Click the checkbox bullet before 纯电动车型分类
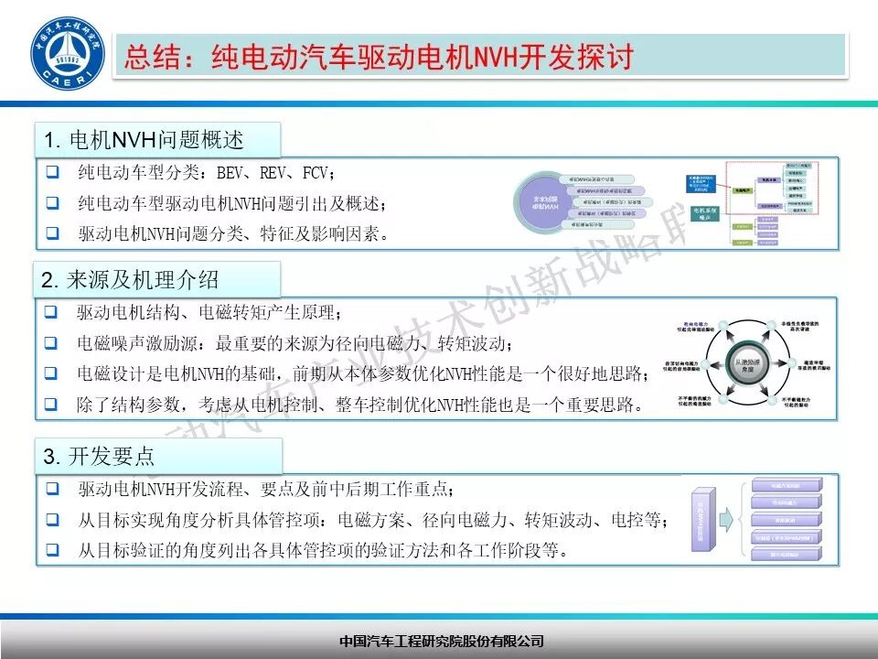[x=53, y=172]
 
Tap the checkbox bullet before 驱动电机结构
[x=53, y=313]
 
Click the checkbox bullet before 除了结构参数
[x=53, y=404]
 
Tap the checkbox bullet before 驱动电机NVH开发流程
[x=53, y=490]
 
